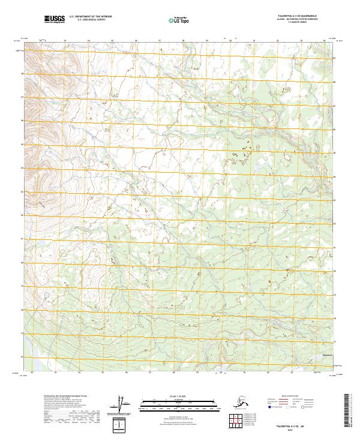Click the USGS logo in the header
click(x=53, y=20)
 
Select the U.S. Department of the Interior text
click(x=89, y=17)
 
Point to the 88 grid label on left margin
click(x=23, y=73)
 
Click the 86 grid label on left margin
click(x=23, y=121)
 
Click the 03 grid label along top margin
click(x=277, y=41)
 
